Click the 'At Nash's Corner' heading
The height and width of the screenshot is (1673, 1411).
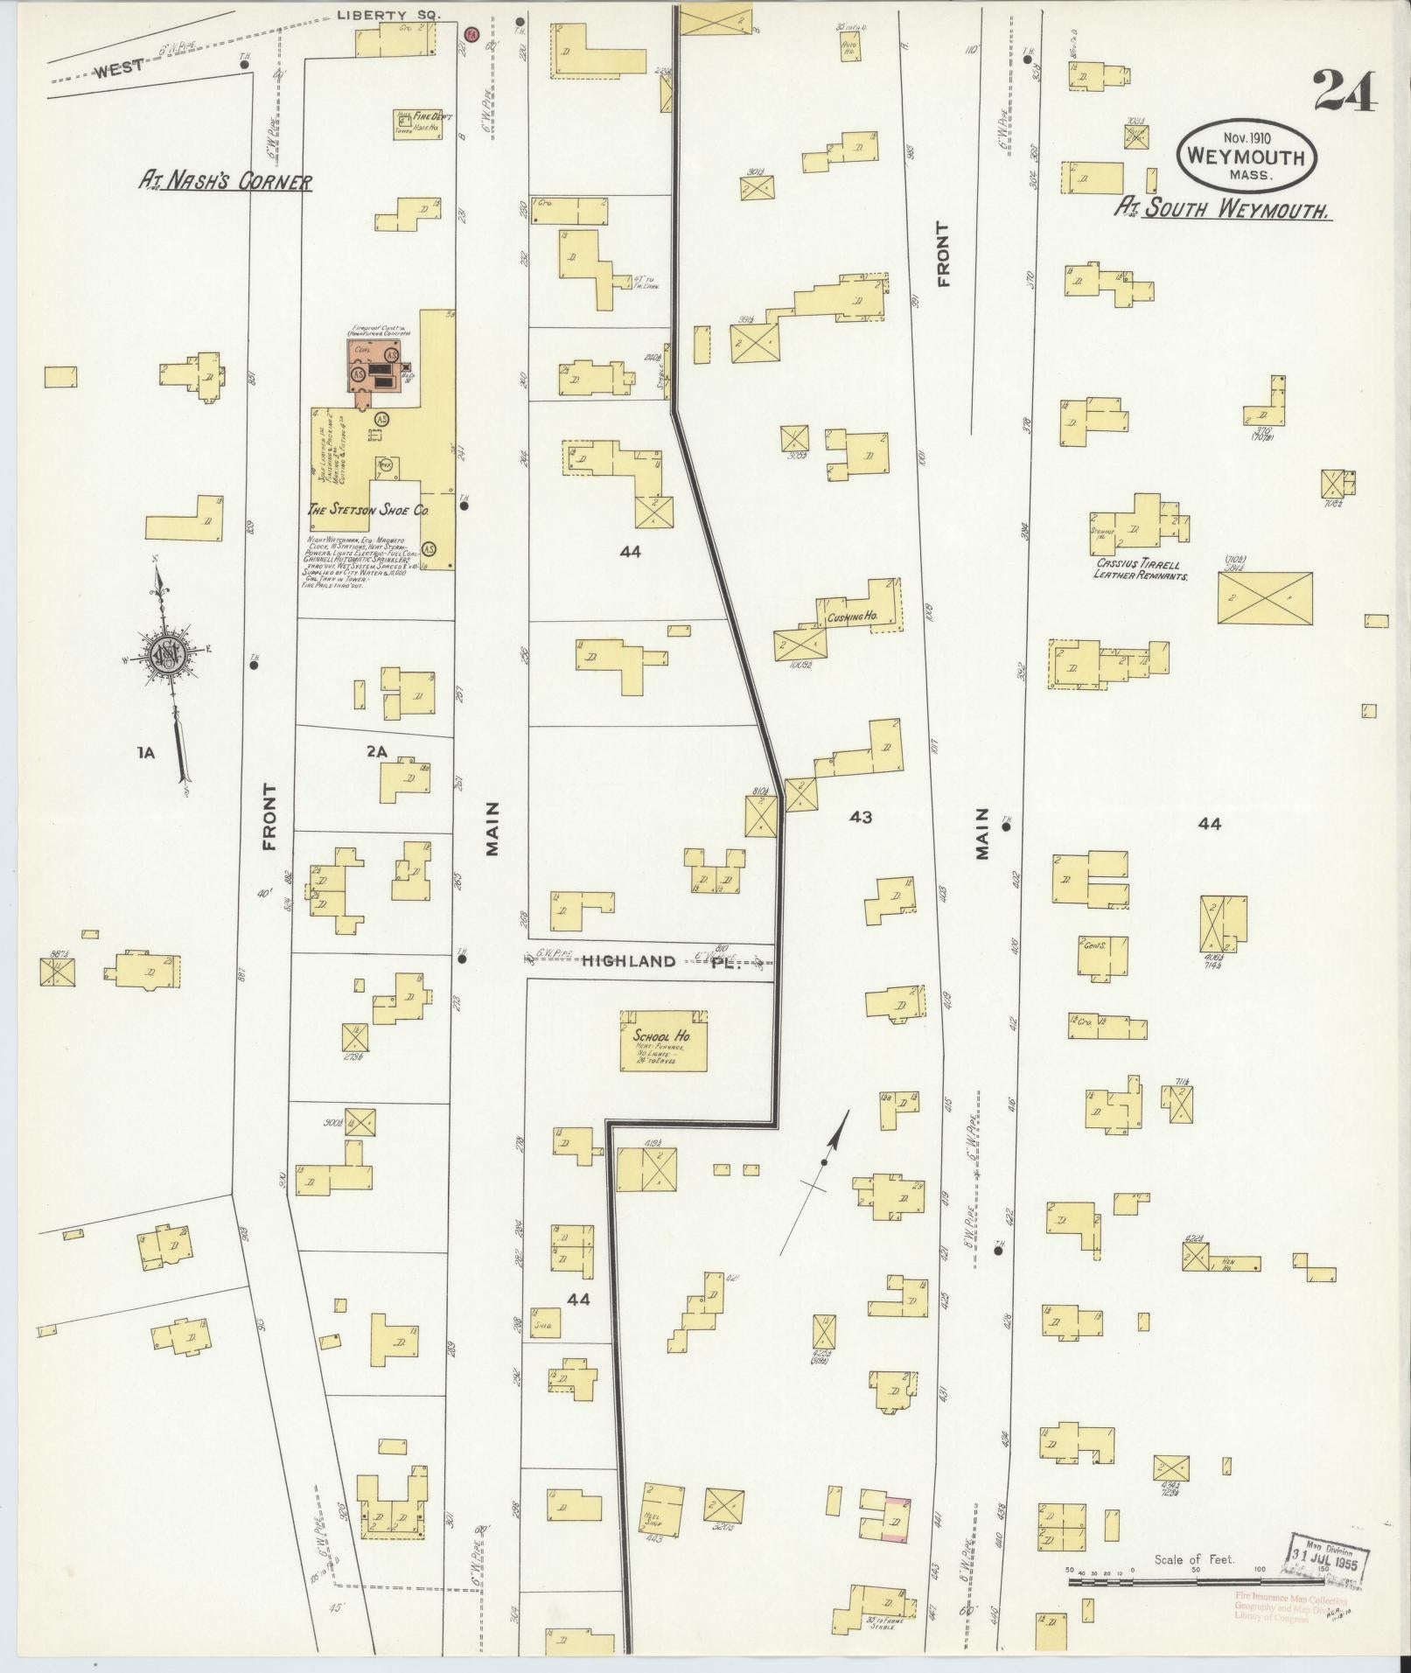pos(226,181)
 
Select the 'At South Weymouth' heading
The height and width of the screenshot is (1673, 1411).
pos(1223,209)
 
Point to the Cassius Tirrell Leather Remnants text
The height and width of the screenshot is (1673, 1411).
pos(1139,570)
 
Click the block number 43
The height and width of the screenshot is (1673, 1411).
pos(861,817)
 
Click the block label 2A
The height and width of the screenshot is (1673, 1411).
pos(376,749)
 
